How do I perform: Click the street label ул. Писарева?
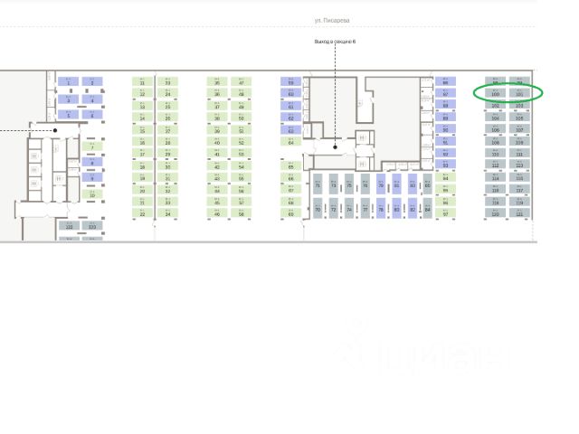[331, 20]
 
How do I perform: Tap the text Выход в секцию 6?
[335, 42]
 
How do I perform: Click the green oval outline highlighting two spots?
[508, 92]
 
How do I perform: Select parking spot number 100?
[496, 93]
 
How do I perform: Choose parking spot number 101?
[519, 93]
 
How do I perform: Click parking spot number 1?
[69, 81]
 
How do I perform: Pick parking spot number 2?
[92, 81]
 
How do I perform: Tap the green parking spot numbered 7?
[92, 146]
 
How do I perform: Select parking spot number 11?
[142, 81]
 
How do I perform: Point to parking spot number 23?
[167, 81]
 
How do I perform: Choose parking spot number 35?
[217, 81]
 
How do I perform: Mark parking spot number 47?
[242, 81]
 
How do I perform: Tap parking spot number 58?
[242, 213]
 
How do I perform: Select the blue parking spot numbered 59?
[291, 81]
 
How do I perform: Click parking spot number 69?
[291, 213]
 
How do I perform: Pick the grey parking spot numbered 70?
[318, 209]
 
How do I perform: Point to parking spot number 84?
[427, 209]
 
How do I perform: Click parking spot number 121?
[519, 213]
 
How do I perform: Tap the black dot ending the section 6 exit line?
[335, 146]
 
